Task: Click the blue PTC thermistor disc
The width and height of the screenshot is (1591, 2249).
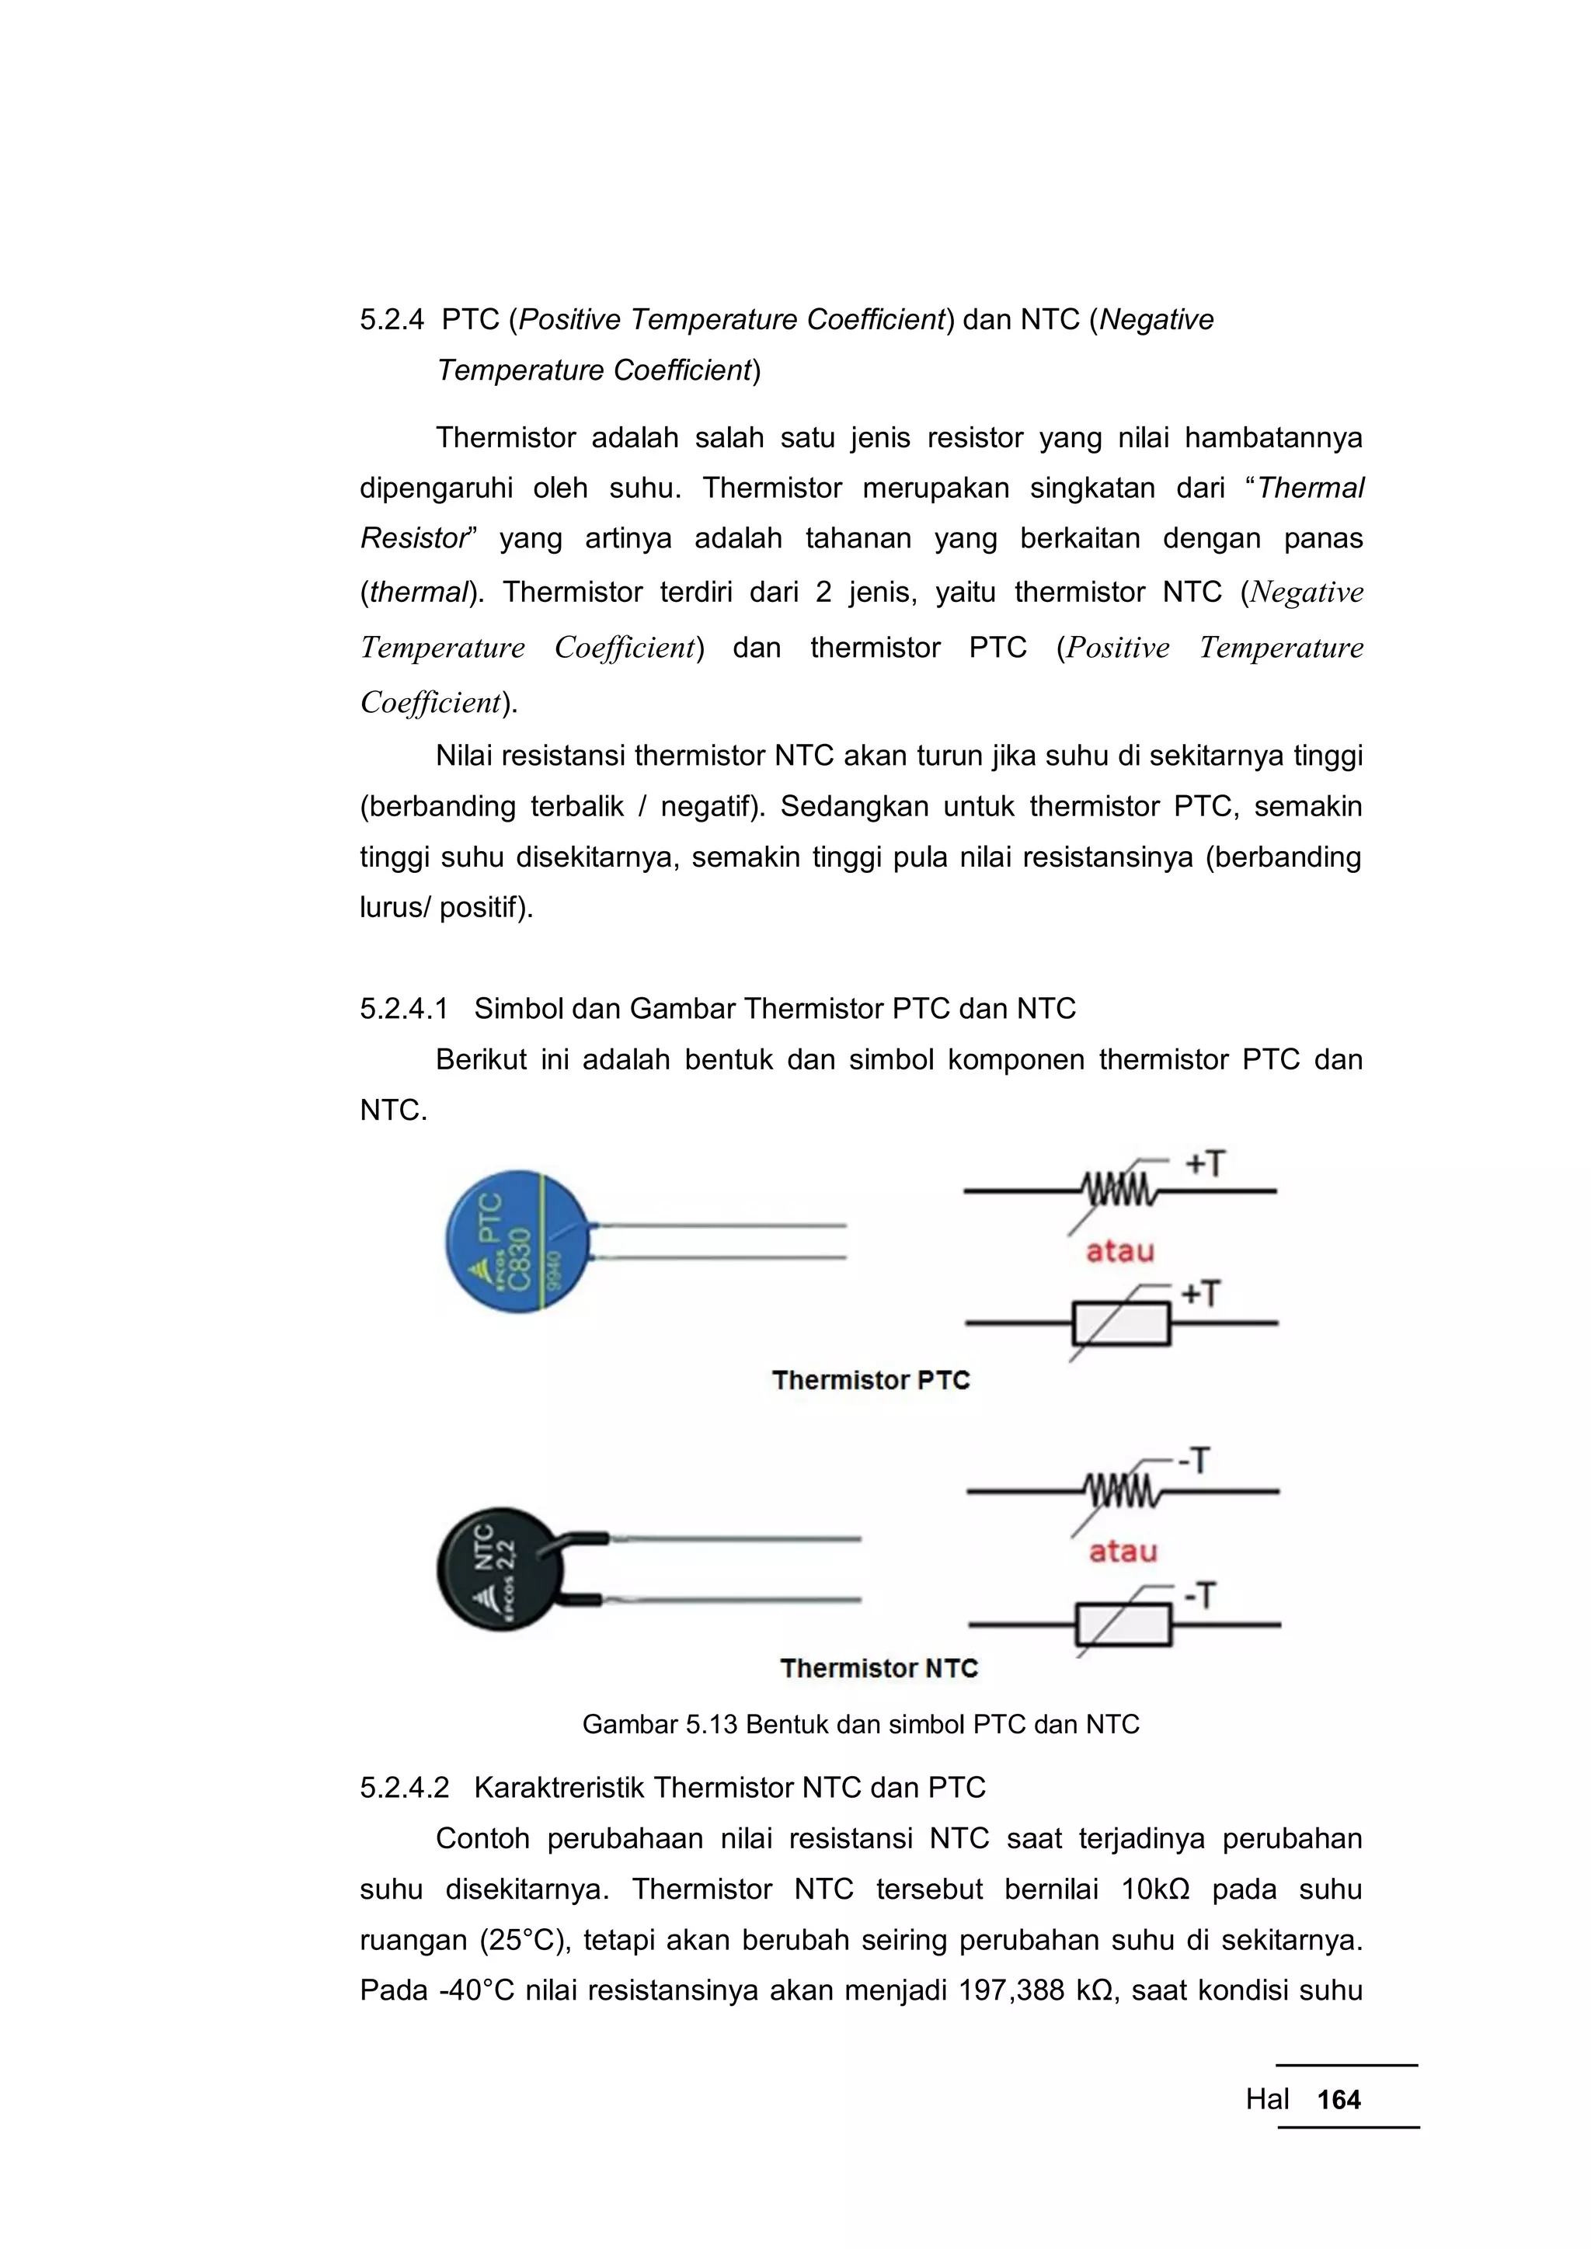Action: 517,1241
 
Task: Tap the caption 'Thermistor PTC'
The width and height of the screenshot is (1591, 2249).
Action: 870,1380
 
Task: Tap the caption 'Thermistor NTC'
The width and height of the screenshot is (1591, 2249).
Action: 879,1668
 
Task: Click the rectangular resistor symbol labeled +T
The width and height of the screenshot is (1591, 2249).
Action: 1122,1323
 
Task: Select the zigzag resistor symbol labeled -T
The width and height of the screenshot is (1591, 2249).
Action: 1123,1491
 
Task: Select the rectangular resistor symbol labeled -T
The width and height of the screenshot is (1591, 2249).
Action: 1123,1624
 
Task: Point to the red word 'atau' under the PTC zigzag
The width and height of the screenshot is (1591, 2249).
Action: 1119,1251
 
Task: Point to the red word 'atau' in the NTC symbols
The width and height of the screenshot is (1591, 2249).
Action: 1123,1552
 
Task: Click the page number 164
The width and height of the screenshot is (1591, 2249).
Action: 1339,2099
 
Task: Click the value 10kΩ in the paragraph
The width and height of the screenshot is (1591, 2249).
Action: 1155,1889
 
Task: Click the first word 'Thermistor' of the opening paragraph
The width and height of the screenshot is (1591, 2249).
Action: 506,437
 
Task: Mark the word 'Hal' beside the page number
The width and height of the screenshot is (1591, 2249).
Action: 1267,2099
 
